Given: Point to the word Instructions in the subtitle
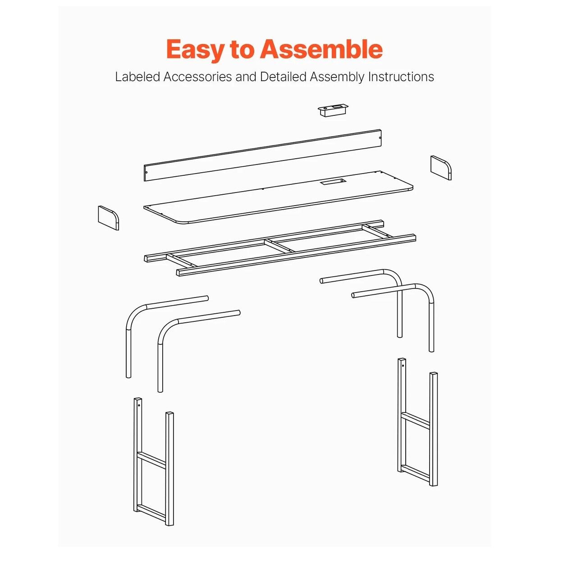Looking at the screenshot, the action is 401,77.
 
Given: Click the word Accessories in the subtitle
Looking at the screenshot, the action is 197,77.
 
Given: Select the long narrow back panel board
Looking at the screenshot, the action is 263,155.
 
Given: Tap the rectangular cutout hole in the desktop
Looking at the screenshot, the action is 333,182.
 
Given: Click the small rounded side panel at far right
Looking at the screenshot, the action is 441,168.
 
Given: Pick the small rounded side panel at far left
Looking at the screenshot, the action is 108,218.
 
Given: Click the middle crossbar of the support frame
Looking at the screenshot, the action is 279,246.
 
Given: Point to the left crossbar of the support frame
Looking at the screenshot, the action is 182,260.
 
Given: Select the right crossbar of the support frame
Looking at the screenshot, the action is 377,231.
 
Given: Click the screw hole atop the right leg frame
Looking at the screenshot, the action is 403,365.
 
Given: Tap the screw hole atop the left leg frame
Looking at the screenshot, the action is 139,405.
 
